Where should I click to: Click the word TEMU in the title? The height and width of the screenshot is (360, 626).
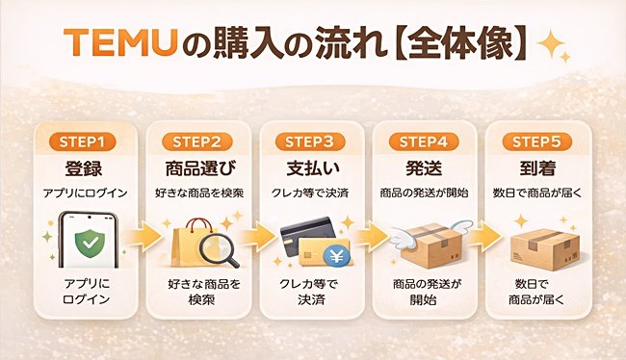(x=108, y=42)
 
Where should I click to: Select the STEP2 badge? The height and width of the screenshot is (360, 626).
(x=197, y=141)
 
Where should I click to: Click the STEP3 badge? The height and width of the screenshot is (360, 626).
(x=313, y=141)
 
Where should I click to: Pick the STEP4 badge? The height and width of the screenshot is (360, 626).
(x=427, y=141)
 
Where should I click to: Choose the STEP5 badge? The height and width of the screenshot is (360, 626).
(x=541, y=141)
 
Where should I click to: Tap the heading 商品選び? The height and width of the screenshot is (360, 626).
(x=197, y=168)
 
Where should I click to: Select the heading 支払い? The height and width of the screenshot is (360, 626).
(x=313, y=168)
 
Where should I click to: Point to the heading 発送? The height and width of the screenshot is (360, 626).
(x=427, y=168)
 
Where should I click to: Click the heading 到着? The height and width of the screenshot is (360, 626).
(x=541, y=168)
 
